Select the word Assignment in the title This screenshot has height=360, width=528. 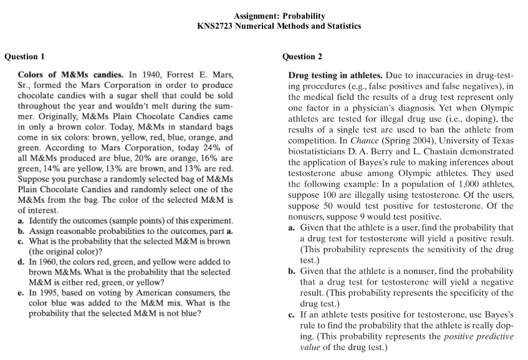click(256, 16)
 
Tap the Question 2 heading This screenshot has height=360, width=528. click(302, 57)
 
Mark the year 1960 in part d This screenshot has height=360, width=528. click(50, 262)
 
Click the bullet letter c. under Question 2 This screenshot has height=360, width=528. click(292, 315)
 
